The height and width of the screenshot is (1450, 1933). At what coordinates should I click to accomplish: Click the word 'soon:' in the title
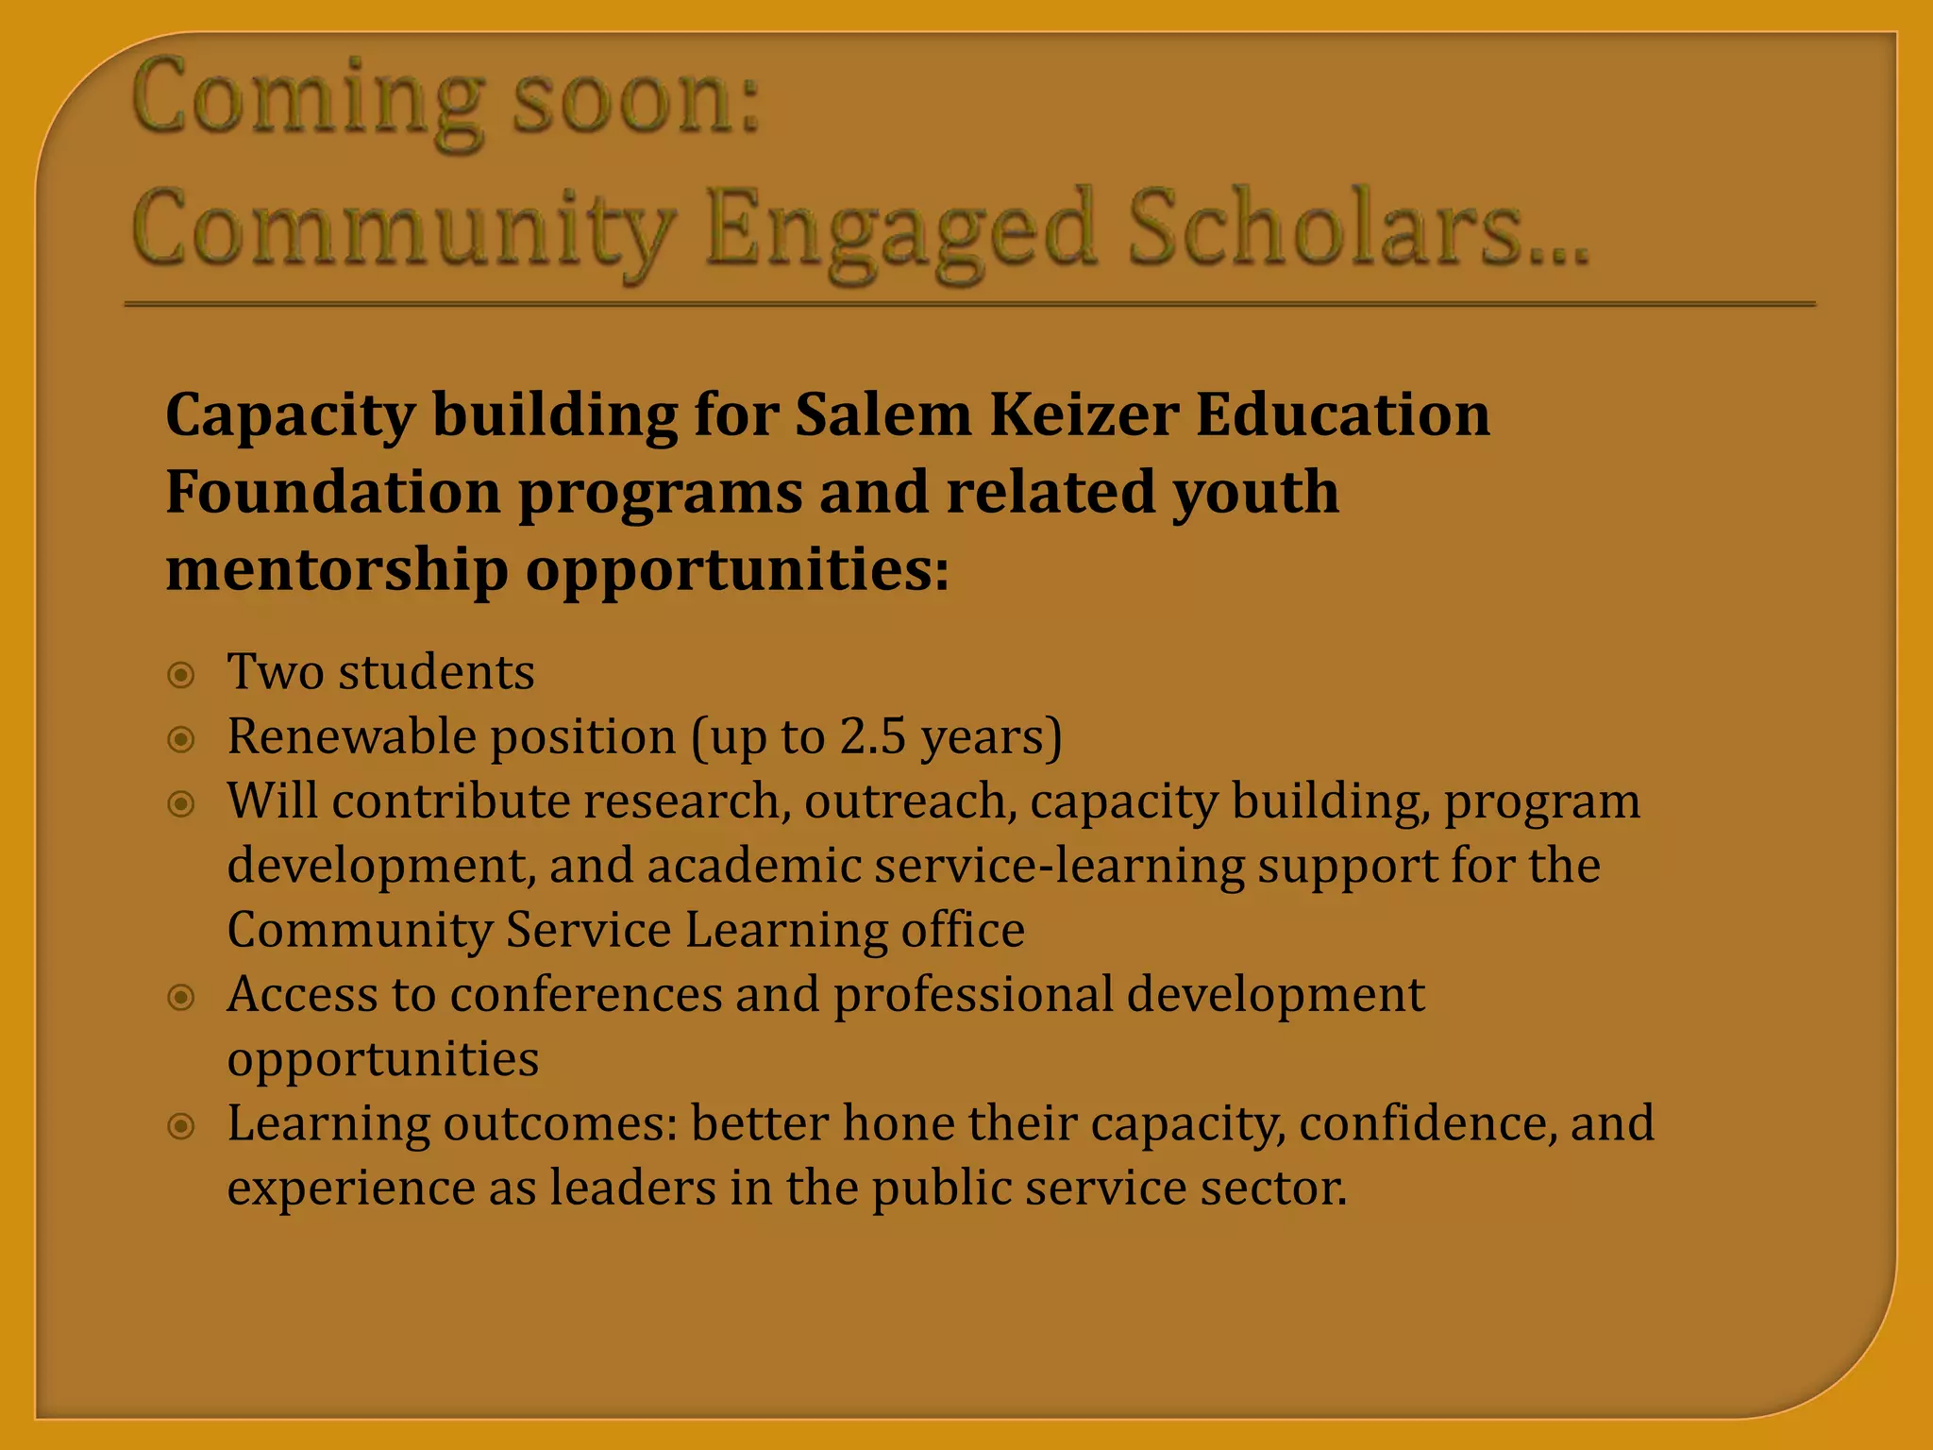635,99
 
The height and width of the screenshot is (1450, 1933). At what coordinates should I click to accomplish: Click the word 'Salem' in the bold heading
882,414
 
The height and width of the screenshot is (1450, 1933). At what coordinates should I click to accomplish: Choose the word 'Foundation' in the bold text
332,492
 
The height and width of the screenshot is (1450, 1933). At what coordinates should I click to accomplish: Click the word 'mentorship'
336,570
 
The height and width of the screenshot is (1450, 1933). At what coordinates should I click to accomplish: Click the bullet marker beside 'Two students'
181,675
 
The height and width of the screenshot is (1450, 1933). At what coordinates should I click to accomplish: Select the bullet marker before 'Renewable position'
181,739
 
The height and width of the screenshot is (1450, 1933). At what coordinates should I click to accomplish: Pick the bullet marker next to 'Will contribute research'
181,803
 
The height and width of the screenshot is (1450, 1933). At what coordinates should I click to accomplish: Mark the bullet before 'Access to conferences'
181,997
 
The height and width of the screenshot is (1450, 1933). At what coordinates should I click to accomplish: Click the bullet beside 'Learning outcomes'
181,1125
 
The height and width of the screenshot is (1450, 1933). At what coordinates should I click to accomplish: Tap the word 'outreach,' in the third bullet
911,801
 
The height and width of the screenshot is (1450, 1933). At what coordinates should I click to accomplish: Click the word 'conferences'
586,995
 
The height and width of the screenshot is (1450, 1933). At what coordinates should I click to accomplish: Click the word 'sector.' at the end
1273,1188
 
